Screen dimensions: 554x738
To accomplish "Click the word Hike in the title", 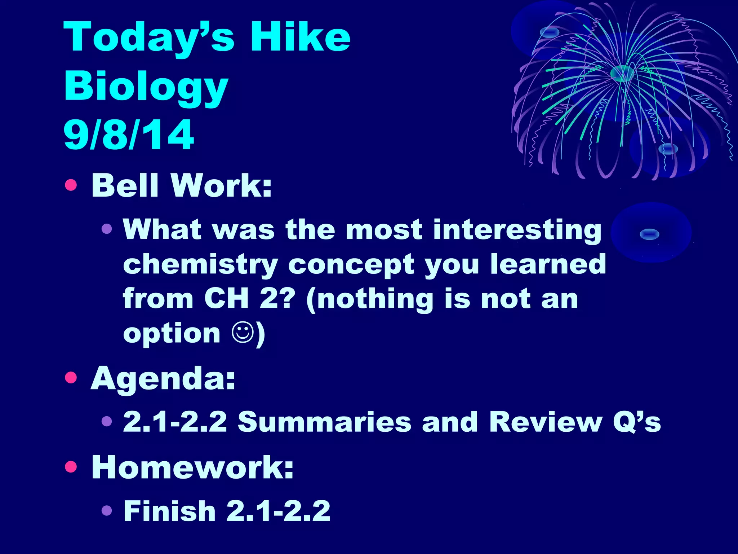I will (x=300, y=37).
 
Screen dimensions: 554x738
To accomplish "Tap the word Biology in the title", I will (x=146, y=87).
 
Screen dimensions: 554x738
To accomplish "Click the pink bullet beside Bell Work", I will (x=71, y=185).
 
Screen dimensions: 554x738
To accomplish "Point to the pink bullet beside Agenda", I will (x=71, y=378).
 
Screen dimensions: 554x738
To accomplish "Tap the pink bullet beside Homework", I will (x=71, y=467).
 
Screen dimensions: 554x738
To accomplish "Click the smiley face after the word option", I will (x=243, y=332).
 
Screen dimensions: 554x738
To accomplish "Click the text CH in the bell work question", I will (x=226, y=299).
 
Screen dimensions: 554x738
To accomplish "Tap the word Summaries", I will (x=324, y=422).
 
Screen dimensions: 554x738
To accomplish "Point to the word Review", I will (x=546, y=422).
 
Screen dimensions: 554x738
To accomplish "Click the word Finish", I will (x=169, y=511).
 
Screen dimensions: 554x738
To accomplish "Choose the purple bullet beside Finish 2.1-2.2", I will (x=107, y=510).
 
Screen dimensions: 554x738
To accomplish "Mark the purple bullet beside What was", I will (x=107, y=228).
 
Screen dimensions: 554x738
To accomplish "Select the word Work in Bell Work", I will (x=221, y=185).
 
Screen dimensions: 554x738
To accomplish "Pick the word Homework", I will (x=192, y=467).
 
